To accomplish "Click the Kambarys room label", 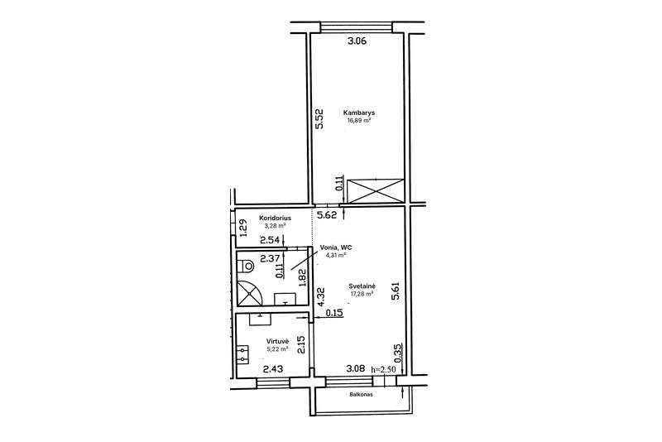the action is click(359, 113).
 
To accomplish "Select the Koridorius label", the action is click(275, 219).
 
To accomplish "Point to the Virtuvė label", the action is click(277, 341).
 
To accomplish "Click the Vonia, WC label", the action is click(336, 247).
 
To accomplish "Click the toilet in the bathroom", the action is click(245, 267).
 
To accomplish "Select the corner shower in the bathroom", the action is click(250, 292).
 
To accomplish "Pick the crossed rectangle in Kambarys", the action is click(376, 191).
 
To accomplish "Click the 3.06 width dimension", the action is click(357, 41).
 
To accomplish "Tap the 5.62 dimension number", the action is click(327, 215).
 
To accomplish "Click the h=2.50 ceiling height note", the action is click(383, 369).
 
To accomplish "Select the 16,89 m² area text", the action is click(359, 120).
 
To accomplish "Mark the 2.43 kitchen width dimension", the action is click(273, 369).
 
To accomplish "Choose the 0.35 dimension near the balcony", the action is click(397, 353).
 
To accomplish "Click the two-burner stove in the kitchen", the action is click(242, 355).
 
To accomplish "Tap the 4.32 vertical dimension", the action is click(322, 297).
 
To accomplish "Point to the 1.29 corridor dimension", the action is click(242, 228).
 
